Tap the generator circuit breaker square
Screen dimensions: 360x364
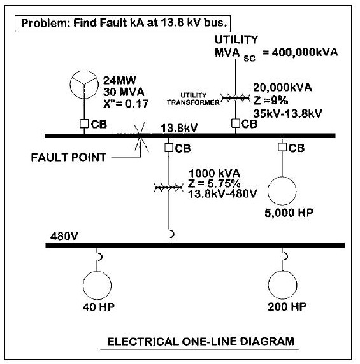[x=84, y=123]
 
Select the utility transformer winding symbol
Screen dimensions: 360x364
[x=235, y=98]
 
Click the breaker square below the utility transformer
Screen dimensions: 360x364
[x=235, y=123]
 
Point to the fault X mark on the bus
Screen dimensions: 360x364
[x=140, y=137]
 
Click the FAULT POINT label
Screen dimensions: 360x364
[x=69, y=157]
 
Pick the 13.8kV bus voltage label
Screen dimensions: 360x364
[x=179, y=128]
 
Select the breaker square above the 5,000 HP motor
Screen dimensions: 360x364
[x=282, y=147]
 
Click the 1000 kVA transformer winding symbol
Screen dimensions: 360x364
[x=169, y=188]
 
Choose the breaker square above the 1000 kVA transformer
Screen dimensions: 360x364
[x=169, y=148]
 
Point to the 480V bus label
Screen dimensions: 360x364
[x=64, y=236]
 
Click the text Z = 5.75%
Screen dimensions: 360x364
[x=214, y=184]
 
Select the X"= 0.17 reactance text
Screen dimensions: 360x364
[x=126, y=104]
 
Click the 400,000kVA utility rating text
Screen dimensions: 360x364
[x=305, y=52]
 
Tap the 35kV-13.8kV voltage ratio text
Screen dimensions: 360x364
[x=288, y=113]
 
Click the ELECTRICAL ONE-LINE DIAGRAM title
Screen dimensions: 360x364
[x=201, y=342]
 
